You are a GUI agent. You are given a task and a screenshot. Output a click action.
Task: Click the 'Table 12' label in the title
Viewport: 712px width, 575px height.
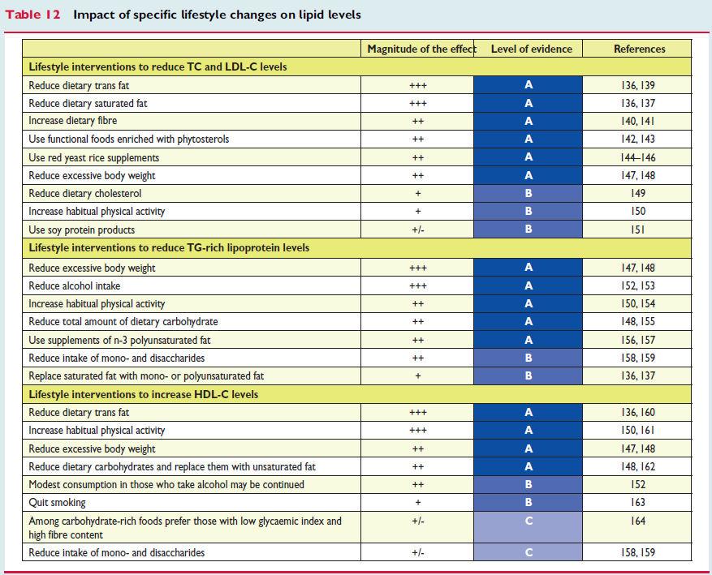pyautogui.click(x=32, y=15)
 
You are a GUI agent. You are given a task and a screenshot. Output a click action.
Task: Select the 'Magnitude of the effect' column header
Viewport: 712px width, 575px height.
pyautogui.click(x=422, y=49)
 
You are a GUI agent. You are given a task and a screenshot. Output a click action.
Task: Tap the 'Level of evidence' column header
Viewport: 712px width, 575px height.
pyautogui.click(x=531, y=49)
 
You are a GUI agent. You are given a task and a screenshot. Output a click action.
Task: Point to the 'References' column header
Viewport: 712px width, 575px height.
pyautogui.click(x=640, y=49)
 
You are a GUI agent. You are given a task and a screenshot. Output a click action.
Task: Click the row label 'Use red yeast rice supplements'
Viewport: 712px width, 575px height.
pyautogui.click(x=94, y=158)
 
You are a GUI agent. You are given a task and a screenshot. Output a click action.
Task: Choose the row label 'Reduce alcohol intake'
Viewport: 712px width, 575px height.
pyautogui.click(x=75, y=285)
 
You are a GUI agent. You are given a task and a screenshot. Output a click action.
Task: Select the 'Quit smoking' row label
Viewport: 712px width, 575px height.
pyautogui.click(x=57, y=503)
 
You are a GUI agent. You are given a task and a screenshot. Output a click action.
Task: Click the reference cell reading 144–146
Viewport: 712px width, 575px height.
pyautogui.click(x=638, y=157)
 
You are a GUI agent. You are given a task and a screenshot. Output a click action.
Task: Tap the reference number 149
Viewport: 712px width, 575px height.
pyautogui.click(x=638, y=193)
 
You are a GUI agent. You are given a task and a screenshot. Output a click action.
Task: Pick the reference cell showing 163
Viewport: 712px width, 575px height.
pyautogui.click(x=638, y=503)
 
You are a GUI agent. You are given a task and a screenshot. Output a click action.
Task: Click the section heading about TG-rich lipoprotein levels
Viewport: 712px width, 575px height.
pyautogui.click(x=169, y=247)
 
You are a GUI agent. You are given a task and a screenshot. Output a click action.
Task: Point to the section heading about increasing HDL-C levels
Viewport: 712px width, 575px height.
pyautogui.click(x=144, y=394)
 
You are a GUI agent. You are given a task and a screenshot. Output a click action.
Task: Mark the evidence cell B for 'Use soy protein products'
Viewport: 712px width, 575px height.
pyautogui.click(x=528, y=229)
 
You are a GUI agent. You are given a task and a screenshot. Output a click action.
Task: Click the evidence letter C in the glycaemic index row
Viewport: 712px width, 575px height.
pyautogui.click(x=528, y=521)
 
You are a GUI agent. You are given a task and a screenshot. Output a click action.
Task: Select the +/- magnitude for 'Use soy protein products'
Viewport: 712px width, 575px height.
pyautogui.click(x=418, y=230)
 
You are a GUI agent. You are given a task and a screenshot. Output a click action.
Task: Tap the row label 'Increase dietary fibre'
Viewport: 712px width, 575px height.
pyautogui.click(x=72, y=121)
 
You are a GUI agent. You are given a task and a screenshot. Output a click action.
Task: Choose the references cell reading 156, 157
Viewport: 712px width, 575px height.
pyautogui.click(x=638, y=340)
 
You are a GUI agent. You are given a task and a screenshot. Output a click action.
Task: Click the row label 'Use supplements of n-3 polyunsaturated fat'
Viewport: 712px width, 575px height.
pyautogui.click(x=119, y=340)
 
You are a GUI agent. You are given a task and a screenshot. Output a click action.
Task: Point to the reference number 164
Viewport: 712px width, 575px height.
pyautogui.click(x=638, y=521)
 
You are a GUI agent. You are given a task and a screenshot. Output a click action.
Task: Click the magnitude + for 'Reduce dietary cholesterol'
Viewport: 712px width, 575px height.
pyautogui.click(x=418, y=194)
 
